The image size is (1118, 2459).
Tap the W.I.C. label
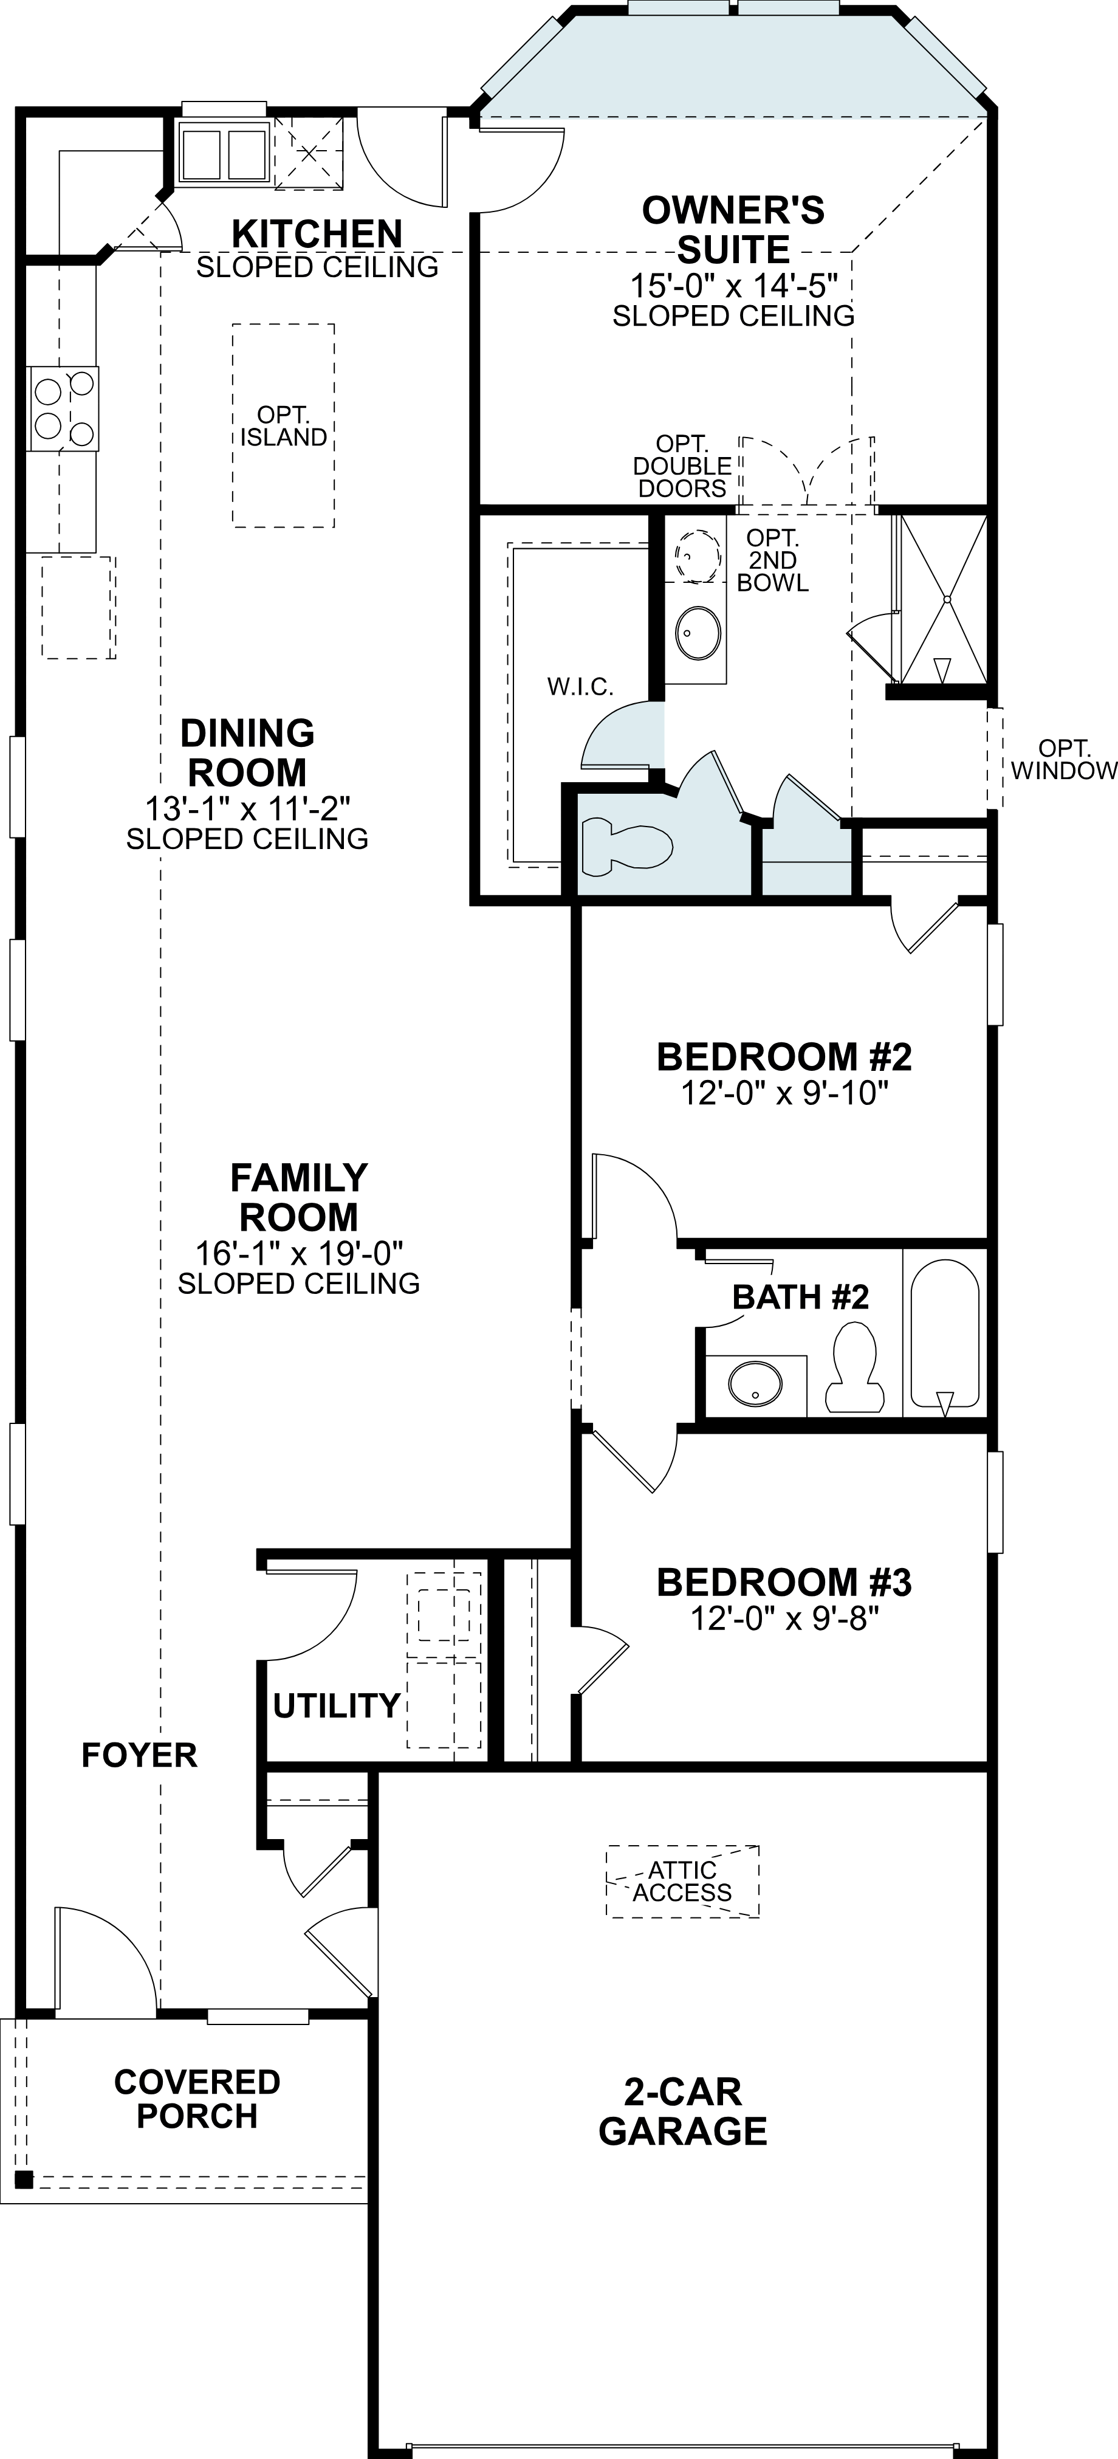click(580, 686)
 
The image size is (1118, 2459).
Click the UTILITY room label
click(335, 1705)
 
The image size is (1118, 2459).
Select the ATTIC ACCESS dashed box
click(682, 1880)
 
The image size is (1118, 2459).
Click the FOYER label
click(139, 1755)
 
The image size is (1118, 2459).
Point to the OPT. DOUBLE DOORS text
click(682, 467)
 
